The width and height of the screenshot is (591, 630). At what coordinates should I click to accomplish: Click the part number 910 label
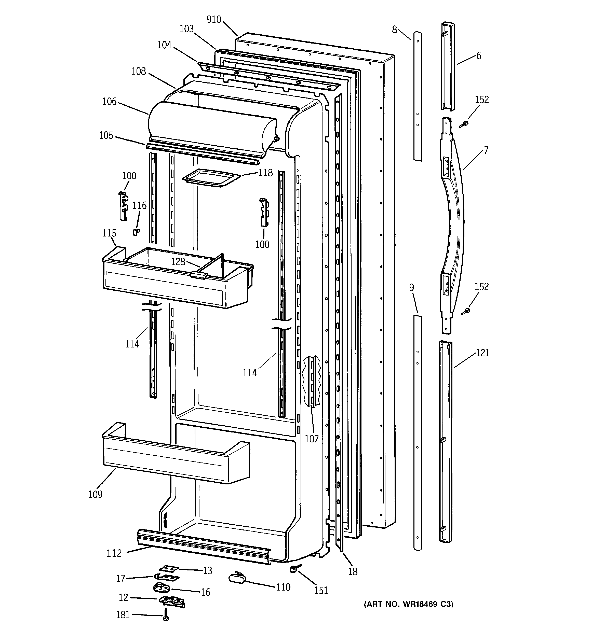(x=214, y=20)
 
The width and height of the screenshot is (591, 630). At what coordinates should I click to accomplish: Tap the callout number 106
(x=110, y=102)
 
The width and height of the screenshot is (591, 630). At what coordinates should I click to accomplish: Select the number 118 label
(x=265, y=173)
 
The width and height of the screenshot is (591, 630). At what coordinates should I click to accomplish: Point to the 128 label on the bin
(x=178, y=261)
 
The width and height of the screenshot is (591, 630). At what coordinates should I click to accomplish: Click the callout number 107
(x=312, y=439)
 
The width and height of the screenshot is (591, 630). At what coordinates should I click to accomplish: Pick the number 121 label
(x=482, y=353)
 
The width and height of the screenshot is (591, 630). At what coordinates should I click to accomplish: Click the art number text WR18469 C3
(x=409, y=613)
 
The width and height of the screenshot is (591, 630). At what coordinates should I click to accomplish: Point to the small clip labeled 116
(x=136, y=232)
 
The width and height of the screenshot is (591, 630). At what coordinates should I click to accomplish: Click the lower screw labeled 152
(x=465, y=312)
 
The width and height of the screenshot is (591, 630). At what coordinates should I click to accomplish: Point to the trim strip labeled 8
(x=418, y=95)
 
